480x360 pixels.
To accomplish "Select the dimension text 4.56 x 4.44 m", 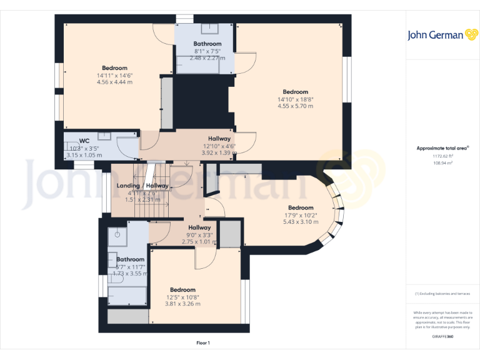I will (114, 82).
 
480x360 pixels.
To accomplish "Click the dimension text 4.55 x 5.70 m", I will (295, 106).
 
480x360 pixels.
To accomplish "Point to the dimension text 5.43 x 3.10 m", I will (300, 222).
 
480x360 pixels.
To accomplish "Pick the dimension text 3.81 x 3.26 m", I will (182, 304).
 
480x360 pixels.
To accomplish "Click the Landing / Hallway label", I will (142, 186).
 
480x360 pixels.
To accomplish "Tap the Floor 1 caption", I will (203, 342).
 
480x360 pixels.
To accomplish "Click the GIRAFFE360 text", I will (442, 337).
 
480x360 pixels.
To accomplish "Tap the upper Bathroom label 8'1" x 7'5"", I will (207, 51).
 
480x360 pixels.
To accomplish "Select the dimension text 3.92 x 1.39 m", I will (219, 152).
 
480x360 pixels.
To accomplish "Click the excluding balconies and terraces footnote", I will (442, 293).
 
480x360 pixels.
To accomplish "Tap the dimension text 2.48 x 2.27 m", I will (207, 58).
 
